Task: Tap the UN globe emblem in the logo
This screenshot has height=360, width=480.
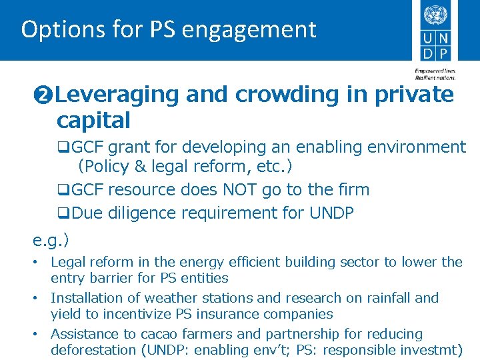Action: coord(435,15)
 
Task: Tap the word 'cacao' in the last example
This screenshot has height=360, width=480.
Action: coord(157,334)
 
